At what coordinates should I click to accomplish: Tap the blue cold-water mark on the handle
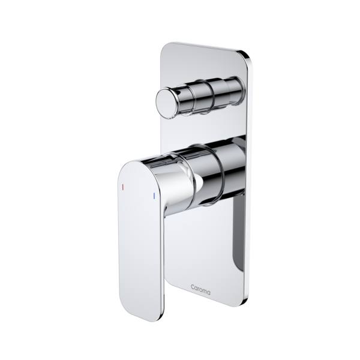click(155, 197)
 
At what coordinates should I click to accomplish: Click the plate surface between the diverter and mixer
click(198, 129)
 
